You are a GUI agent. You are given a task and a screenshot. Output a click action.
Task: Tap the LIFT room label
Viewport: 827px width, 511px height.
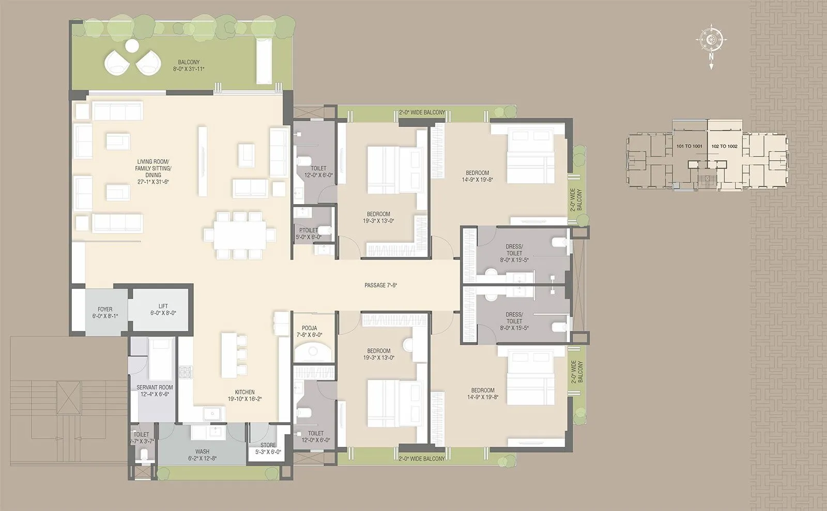pos(163,309)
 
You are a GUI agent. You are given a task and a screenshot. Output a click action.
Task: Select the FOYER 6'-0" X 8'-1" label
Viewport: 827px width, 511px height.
pos(105,313)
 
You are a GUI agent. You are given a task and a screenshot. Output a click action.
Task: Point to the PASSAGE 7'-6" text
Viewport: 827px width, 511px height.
pos(380,285)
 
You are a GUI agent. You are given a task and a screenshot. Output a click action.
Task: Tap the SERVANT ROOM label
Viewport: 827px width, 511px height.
pos(155,391)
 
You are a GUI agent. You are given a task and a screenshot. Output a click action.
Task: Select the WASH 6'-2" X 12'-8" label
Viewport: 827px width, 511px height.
pos(202,455)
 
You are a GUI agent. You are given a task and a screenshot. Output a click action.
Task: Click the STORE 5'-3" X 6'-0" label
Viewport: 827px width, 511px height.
pos(268,448)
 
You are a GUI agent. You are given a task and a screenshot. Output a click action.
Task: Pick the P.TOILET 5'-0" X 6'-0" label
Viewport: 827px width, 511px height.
pos(309,234)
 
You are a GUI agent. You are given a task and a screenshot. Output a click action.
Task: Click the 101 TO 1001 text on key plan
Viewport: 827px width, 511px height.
pos(689,146)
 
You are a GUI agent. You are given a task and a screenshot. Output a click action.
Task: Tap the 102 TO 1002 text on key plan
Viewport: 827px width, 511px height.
pos(724,146)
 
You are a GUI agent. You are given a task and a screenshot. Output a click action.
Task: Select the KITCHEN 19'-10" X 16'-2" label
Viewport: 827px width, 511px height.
pos(241,396)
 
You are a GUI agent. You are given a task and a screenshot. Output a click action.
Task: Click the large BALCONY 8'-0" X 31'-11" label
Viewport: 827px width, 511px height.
pos(189,66)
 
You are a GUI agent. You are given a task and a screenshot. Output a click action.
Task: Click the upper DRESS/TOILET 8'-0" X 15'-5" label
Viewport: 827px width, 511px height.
pos(514,253)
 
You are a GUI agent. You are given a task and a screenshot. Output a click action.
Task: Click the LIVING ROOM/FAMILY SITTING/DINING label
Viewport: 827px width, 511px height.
pos(153,172)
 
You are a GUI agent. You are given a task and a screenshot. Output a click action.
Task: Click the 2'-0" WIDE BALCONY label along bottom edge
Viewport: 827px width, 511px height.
pos(422,459)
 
